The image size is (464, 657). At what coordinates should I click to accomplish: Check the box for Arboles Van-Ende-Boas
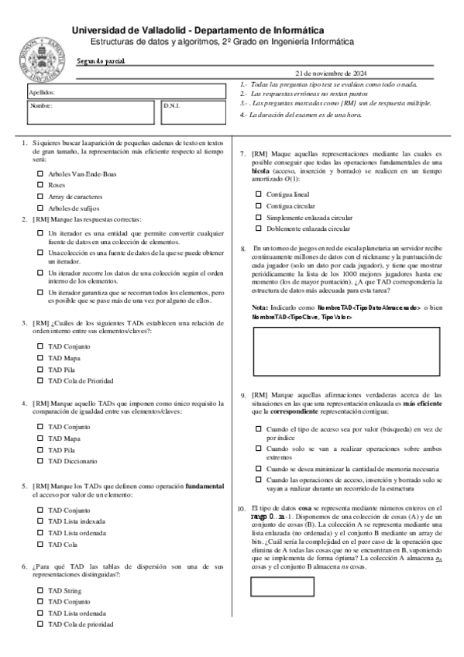(40, 174)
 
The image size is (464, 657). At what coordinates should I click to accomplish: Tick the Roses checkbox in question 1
(40, 186)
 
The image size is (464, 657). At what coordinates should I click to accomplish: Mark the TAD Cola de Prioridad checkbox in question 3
(40, 381)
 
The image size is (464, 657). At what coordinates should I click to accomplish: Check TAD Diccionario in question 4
(40, 461)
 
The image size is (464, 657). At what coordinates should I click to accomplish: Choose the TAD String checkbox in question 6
(40, 590)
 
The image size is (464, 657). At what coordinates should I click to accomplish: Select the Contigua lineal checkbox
(259, 194)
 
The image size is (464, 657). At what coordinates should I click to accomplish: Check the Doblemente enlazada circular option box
(259, 229)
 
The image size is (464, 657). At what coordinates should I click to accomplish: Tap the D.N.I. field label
(172, 105)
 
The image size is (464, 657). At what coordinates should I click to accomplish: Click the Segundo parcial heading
(101, 60)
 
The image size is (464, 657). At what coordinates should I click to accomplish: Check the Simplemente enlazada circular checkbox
(259, 218)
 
